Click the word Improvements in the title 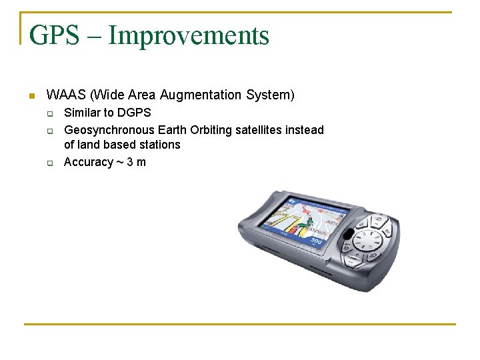point(189,35)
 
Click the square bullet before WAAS point(31,96)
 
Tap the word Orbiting point(212,130)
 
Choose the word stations point(159,145)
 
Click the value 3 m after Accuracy point(136,162)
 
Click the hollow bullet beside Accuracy point(50,163)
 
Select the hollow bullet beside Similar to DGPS point(50,113)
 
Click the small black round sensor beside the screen point(348,234)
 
